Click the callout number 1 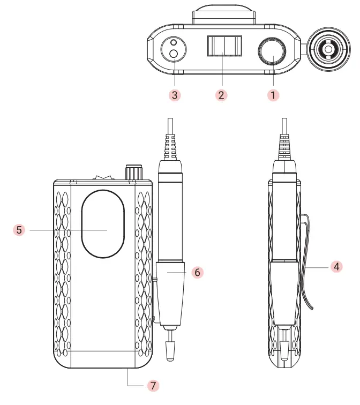pyautogui.click(x=273, y=95)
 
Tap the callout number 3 pyautogui.click(x=175, y=95)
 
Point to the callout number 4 pyautogui.click(x=336, y=266)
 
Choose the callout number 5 pyautogui.click(x=19, y=230)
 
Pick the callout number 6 pyautogui.click(x=197, y=272)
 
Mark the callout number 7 pyautogui.click(x=153, y=385)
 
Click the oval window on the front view pyautogui.click(x=103, y=224)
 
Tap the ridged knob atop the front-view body pyautogui.click(x=132, y=173)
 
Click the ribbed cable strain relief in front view pyautogui.click(x=170, y=145)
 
